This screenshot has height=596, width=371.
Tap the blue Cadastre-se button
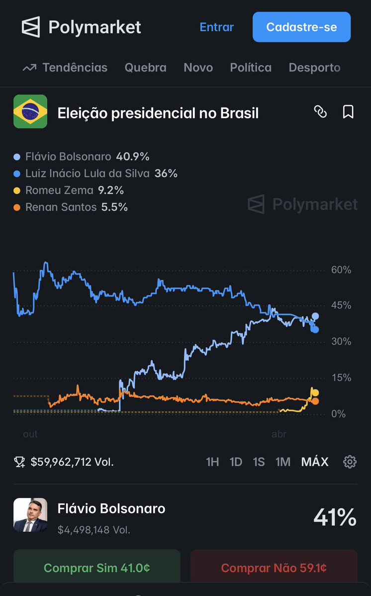tap(301, 27)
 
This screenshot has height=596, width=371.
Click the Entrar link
tap(216, 27)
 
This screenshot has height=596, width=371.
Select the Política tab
tap(251, 68)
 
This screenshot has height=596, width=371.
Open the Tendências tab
tap(65, 68)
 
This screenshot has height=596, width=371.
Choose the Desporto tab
tap(314, 68)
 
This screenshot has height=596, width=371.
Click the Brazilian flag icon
tap(30, 111)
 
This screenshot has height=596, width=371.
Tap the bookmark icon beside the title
tap(348, 112)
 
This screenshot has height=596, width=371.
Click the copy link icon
tap(321, 112)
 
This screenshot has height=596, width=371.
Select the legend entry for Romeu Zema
tap(70, 190)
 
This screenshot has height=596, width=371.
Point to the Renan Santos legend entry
tap(72, 207)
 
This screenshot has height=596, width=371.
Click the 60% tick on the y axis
tap(341, 270)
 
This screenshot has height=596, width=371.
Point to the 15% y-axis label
tap(341, 378)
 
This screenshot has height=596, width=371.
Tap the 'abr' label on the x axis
tap(279, 434)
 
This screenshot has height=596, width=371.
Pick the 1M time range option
tap(283, 462)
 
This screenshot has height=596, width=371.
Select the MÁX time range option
tap(315, 462)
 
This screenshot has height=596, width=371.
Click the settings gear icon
tap(350, 462)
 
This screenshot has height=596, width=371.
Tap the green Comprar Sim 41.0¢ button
tap(96, 568)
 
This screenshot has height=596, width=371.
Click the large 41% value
tap(335, 517)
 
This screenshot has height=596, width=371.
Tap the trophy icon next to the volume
tap(20, 462)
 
